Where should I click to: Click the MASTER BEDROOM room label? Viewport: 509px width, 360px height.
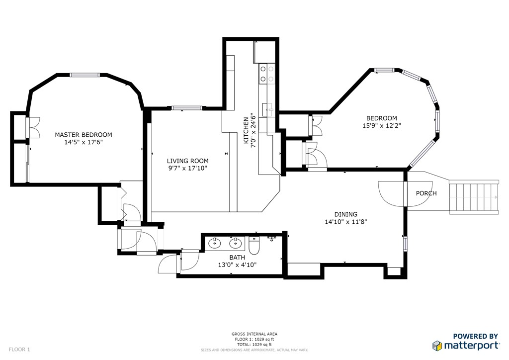coord(84,135)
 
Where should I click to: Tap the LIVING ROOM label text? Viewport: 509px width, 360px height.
coord(187,161)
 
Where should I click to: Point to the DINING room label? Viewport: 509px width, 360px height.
coord(346,214)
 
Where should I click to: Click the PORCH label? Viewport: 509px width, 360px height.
coord(426,193)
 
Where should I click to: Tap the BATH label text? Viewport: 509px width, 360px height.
coord(237,258)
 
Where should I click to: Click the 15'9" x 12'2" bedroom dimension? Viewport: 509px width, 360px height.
coord(382,125)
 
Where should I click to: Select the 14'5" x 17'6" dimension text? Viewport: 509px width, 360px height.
coord(84,142)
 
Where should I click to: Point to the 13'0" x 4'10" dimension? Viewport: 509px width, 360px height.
coord(237,265)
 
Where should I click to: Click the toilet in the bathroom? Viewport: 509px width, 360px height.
coord(254,247)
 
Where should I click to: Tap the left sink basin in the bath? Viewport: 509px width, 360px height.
coord(215,243)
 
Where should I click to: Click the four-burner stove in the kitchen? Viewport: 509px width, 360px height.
coord(267,74)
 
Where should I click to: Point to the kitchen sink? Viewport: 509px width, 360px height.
coord(268,109)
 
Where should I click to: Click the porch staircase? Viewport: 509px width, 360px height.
coord(474,196)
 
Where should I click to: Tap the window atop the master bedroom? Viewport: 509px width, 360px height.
coord(85,75)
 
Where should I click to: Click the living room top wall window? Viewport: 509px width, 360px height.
coord(187,108)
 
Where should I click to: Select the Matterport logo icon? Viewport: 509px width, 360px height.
coord(437,346)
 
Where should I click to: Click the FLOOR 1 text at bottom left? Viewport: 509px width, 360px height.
coord(19,350)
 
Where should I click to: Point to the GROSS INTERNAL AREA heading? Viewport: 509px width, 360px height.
coord(254,334)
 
